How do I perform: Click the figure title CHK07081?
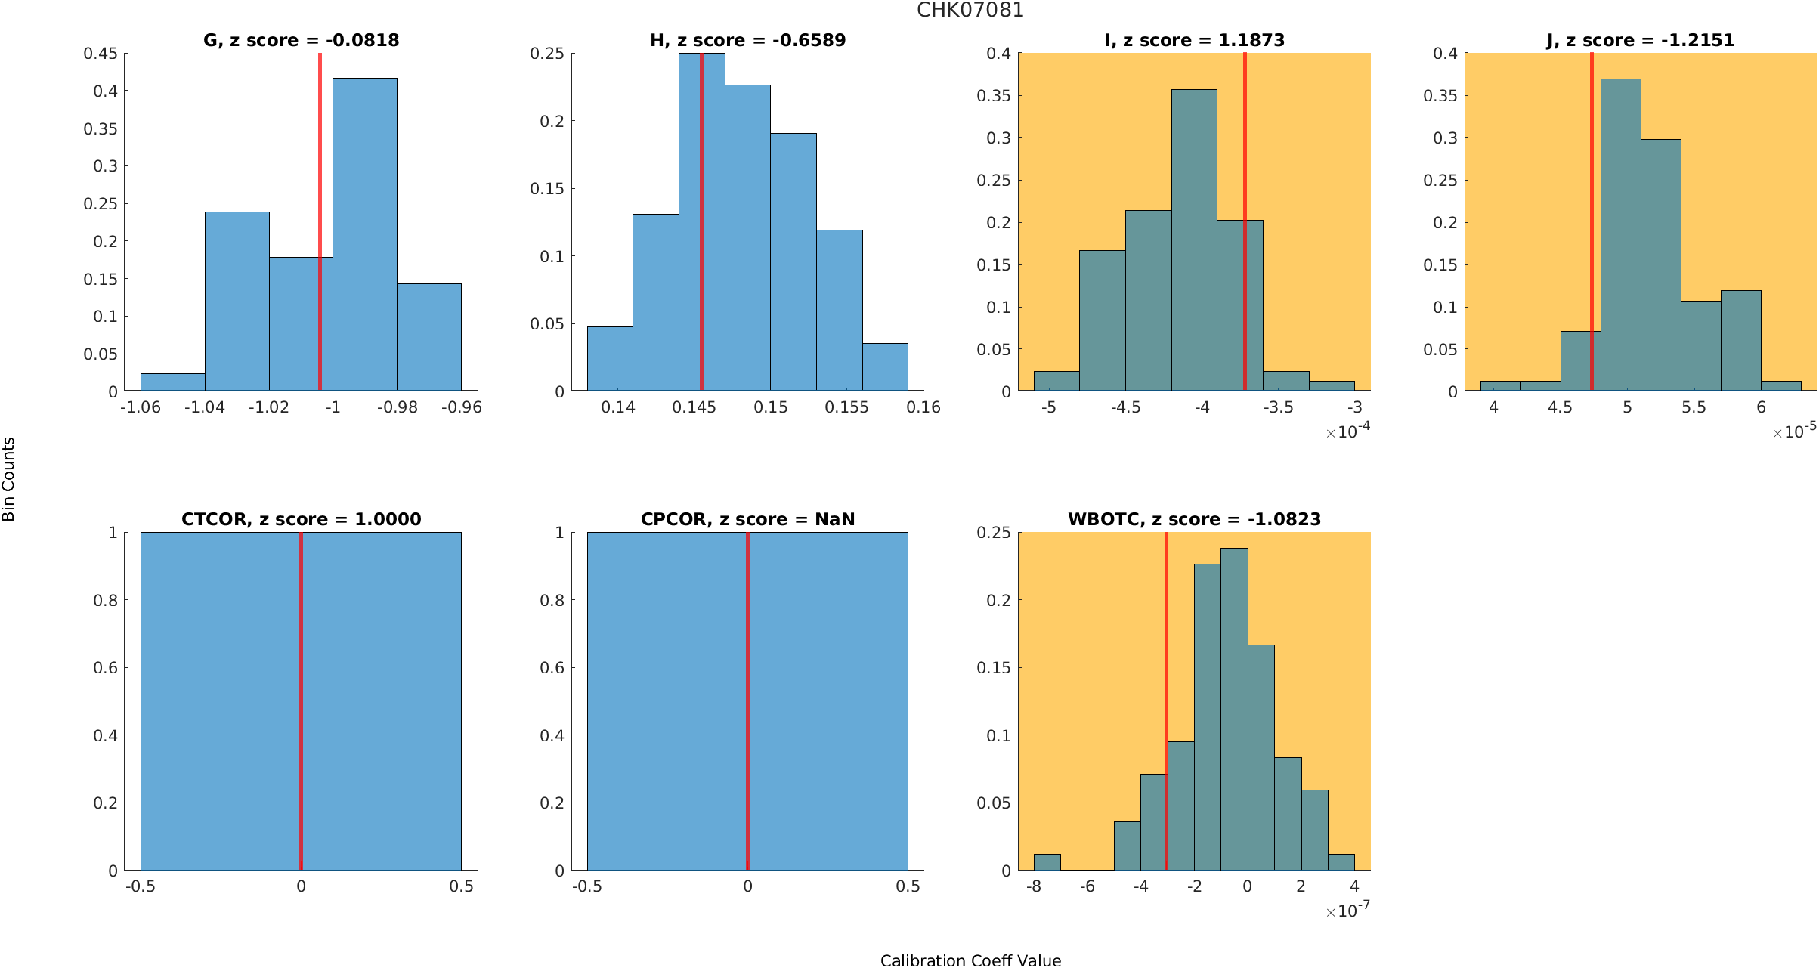tap(970, 11)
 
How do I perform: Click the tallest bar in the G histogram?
tap(364, 234)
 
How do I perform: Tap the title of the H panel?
tap(747, 40)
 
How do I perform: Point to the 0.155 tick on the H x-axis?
tap(846, 407)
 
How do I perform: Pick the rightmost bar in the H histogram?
tap(885, 367)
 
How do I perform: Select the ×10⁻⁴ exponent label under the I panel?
tap(1347, 431)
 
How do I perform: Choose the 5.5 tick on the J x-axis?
tap(1694, 407)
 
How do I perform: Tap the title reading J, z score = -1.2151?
tap(1640, 40)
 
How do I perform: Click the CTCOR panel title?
tap(301, 519)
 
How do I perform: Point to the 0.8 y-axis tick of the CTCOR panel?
tap(106, 600)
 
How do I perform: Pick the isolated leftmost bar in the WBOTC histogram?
tap(1047, 862)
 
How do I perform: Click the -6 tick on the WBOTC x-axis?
tap(1087, 886)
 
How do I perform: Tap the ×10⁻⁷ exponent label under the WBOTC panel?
tap(1347, 911)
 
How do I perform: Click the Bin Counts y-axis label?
tap(9, 479)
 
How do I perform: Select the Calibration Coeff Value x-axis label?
tap(970, 960)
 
